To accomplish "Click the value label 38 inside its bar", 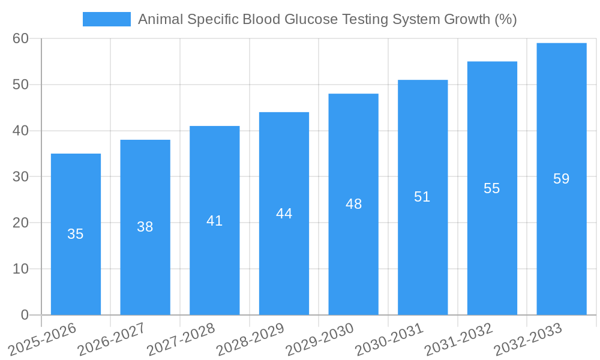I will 145,227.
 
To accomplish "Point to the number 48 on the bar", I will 353,204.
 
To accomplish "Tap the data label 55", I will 492,188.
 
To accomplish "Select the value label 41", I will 214,221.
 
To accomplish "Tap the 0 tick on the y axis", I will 25,315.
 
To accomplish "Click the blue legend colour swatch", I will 107,19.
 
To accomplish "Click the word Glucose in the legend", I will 312,19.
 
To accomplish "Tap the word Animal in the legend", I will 160,19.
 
